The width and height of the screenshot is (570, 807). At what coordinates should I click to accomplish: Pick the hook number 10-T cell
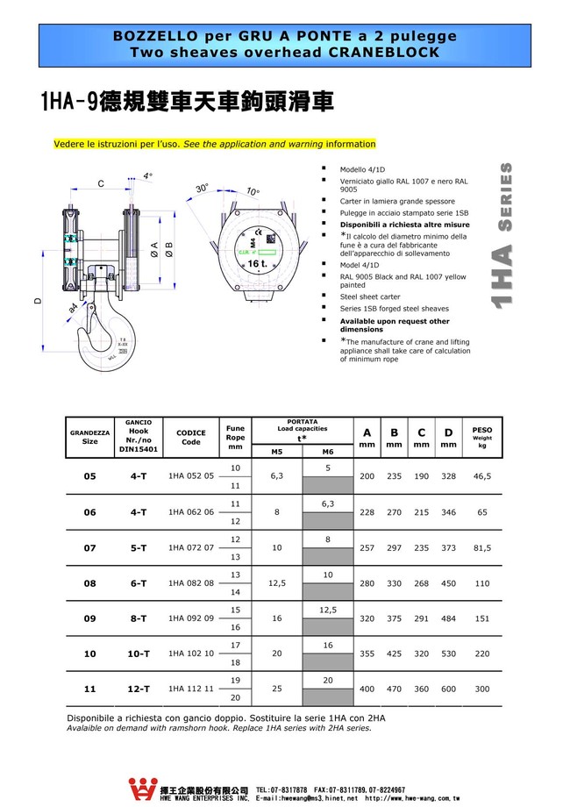tap(139, 653)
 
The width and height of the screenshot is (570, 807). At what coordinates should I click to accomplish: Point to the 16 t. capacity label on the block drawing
tap(257, 263)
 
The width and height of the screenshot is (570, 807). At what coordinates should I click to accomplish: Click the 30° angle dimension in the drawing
tap(202, 189)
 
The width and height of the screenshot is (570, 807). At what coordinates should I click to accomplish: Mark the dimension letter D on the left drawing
tap(37, 301)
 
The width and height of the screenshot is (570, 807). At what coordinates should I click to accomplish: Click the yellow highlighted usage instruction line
tap(214, 144)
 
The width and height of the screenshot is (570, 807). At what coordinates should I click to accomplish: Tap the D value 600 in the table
tap(449, 689)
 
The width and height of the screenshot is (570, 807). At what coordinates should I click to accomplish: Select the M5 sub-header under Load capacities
tap(276, 451)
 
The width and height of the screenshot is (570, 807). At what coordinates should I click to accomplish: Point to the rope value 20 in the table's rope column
tap(235, 698)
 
